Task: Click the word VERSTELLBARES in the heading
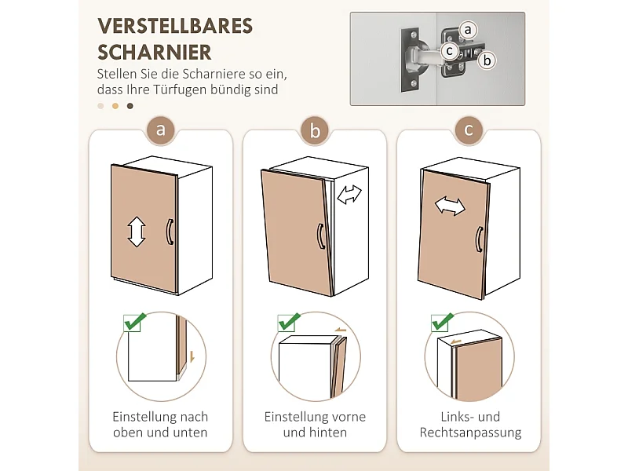175,27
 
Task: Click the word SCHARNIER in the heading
154,52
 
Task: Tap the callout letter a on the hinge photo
467,30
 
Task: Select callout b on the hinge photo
487,60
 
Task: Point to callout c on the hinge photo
449,51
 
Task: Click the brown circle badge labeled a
161,130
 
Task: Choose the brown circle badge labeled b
315,130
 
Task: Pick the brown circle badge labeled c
469,130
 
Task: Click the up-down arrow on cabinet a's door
137,232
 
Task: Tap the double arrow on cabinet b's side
349,195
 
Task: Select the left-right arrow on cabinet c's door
450,206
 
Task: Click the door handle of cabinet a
170,232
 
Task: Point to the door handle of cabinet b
321,236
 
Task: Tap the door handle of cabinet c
479,239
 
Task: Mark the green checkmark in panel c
442,322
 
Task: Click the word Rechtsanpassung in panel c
470,433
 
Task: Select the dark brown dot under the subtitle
130,106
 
